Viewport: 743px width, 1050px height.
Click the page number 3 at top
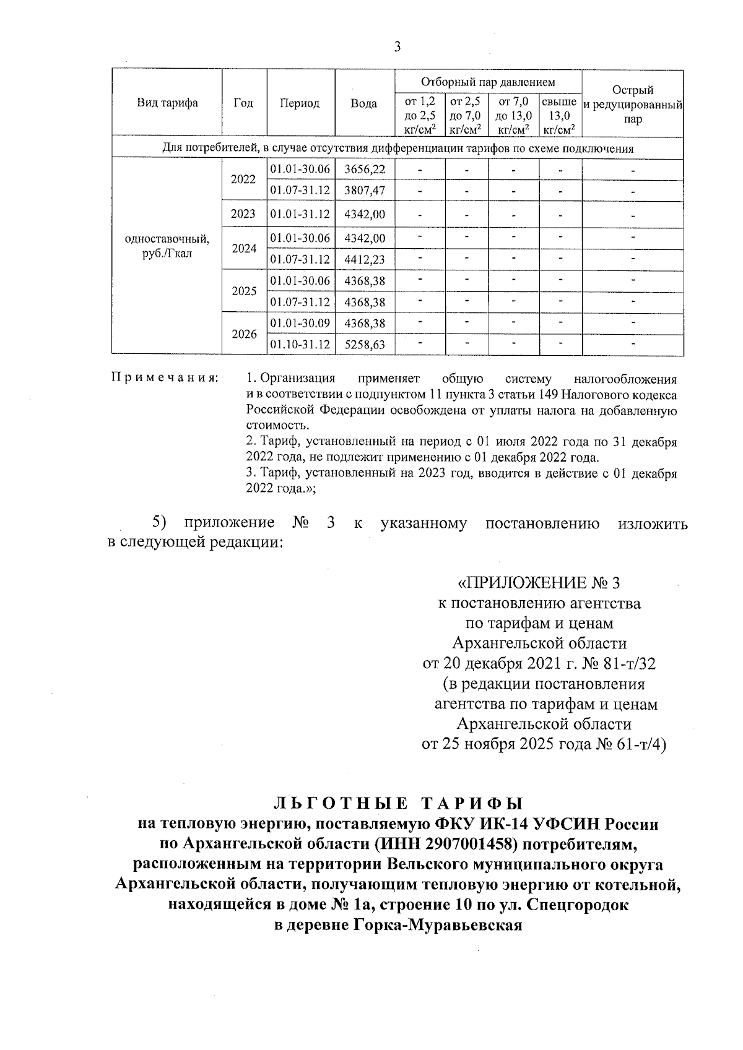click(x=397, y=47)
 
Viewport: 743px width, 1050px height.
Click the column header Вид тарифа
click(x=167, y=103)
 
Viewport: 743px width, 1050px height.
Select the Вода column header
click(x=364, y=103)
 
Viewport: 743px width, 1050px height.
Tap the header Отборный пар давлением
click(x=488, y=82)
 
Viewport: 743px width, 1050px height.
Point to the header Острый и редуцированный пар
click(x=633, y=104)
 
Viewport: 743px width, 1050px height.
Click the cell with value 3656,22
click(x=365, y=169)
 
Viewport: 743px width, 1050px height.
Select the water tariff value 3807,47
click(x=365, y=191)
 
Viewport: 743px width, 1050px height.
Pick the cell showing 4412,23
click(x=365, y=259)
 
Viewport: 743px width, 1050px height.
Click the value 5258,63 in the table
click(x=365, y=344)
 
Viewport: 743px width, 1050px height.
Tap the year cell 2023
click(x=243, y=214)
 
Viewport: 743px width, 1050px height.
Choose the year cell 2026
click(x=244, y=334)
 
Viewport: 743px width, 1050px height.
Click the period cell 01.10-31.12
click(x=300, y=344)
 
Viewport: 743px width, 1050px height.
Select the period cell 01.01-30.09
click(x=300, y=323)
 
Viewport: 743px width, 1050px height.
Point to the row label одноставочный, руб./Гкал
click(x=167, y=246)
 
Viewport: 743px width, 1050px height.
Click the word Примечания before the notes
click(x=164, y=378)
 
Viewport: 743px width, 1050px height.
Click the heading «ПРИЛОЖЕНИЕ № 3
click(x=537, y=583)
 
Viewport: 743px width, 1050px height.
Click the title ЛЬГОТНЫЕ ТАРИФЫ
click(x=398, y=804)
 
